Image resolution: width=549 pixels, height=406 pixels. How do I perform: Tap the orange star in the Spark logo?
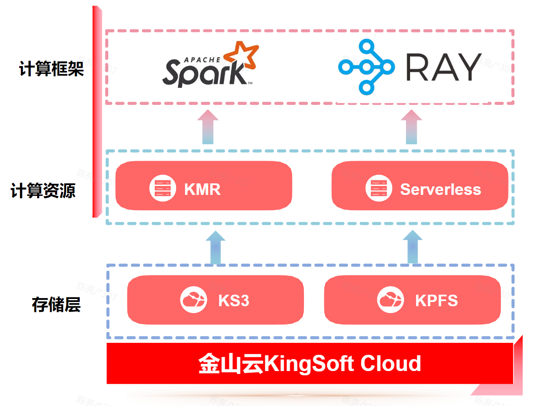pyautogui.click(x=241, y=56)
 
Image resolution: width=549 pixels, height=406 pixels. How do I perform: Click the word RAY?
pyautogui.click(x=443, y=67)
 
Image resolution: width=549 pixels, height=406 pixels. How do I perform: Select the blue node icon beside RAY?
pyautogui.click(x=366, y=67)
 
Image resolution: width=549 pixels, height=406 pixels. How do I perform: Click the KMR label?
pyautogui.click(x=202, y=189)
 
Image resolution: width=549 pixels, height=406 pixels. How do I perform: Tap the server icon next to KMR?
pyautogui.click(x=162, y=188)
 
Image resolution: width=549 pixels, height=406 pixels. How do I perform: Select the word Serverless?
pyautogui.click(x=440, y=189)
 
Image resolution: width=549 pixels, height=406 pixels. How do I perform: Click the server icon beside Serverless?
pyautogui.click(x=379, y=188)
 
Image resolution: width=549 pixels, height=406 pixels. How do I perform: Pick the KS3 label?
pyautogui.click(x=234, y=300)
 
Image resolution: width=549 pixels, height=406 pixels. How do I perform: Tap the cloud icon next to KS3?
pyautogui.click(x=194, y=300)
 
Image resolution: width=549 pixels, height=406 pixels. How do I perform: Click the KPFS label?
pyautogui.click(x=436, y=300)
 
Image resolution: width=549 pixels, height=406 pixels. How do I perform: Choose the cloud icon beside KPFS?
pyautogui.click(x=390, y=300)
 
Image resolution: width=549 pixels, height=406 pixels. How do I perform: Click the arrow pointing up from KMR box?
pyautogui.click(x=208, y=127)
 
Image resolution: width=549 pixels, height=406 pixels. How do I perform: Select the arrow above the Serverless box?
pyautogui.click(x=411, y=127)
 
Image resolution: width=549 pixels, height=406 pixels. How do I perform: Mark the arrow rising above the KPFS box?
pyautogui.click(x=413, y=247)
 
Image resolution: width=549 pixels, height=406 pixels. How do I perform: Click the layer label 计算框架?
pyautogui.click(x=52, y=69)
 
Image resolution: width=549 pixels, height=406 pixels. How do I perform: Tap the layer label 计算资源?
pyautogui.click(x=43, y=191)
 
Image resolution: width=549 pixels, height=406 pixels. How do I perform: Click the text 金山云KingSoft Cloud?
pyautogui.click(x=310, y=364)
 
